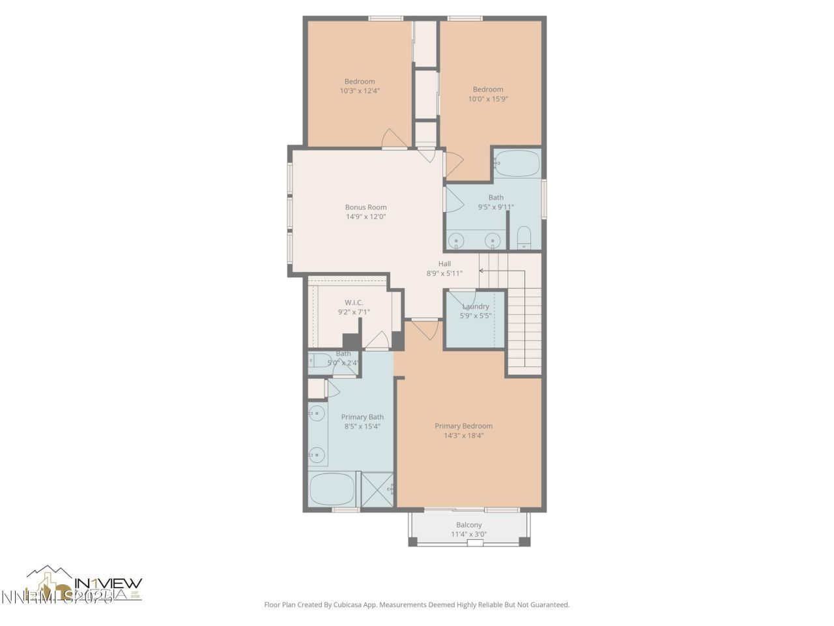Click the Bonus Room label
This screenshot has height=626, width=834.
click(x=366, y=207)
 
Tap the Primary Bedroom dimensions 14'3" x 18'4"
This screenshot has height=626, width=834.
click(x=463, y=436)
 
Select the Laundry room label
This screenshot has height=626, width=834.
click(x=476, y=306)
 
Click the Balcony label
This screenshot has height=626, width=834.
click(x=468, y=525)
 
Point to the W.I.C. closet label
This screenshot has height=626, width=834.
click(x=354, y=303)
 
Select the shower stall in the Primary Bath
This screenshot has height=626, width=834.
click(x=377, y=489)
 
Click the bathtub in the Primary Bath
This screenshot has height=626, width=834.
click(x=332, y=489)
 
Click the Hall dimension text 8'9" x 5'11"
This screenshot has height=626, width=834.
click(x=444, y=273)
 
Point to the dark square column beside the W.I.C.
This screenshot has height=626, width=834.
click(x=351, y=342)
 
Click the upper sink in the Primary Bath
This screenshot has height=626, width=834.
click(x=317, y=413)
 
